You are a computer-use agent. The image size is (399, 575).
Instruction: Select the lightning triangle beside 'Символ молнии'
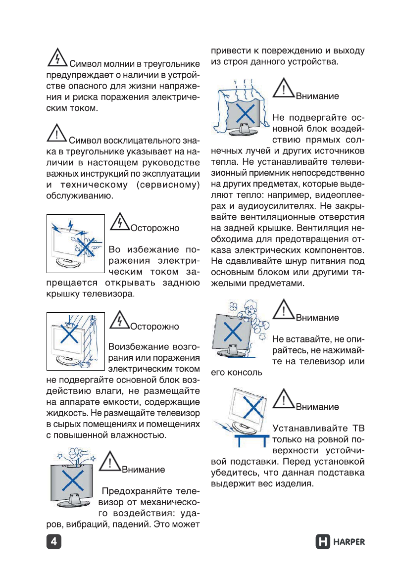pos(57,58)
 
